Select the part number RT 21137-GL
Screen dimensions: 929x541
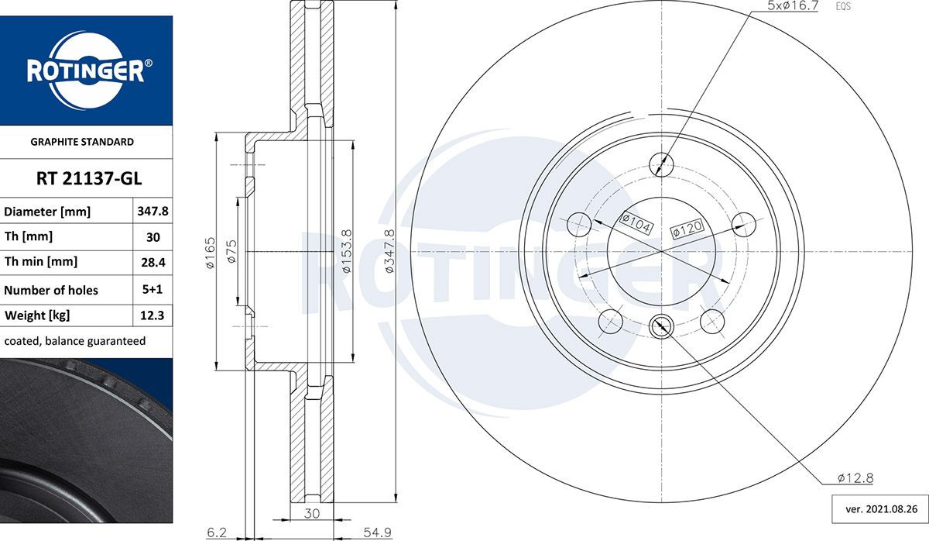coord(89,178)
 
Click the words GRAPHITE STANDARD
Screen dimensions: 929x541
coord(82,142)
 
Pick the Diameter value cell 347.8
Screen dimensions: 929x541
coord(153,212)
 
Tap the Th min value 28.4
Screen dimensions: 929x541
coord(153,263)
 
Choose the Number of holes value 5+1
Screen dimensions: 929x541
coord(153,289)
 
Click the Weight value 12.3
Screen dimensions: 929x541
coord(153,315)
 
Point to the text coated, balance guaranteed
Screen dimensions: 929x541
coord(75,341)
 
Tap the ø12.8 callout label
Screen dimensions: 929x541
coord(855,478)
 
